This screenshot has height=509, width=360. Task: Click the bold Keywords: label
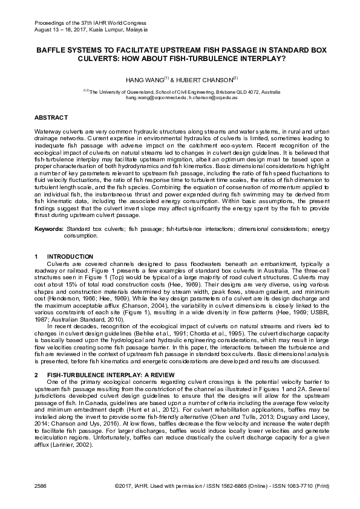coord(48,230)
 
